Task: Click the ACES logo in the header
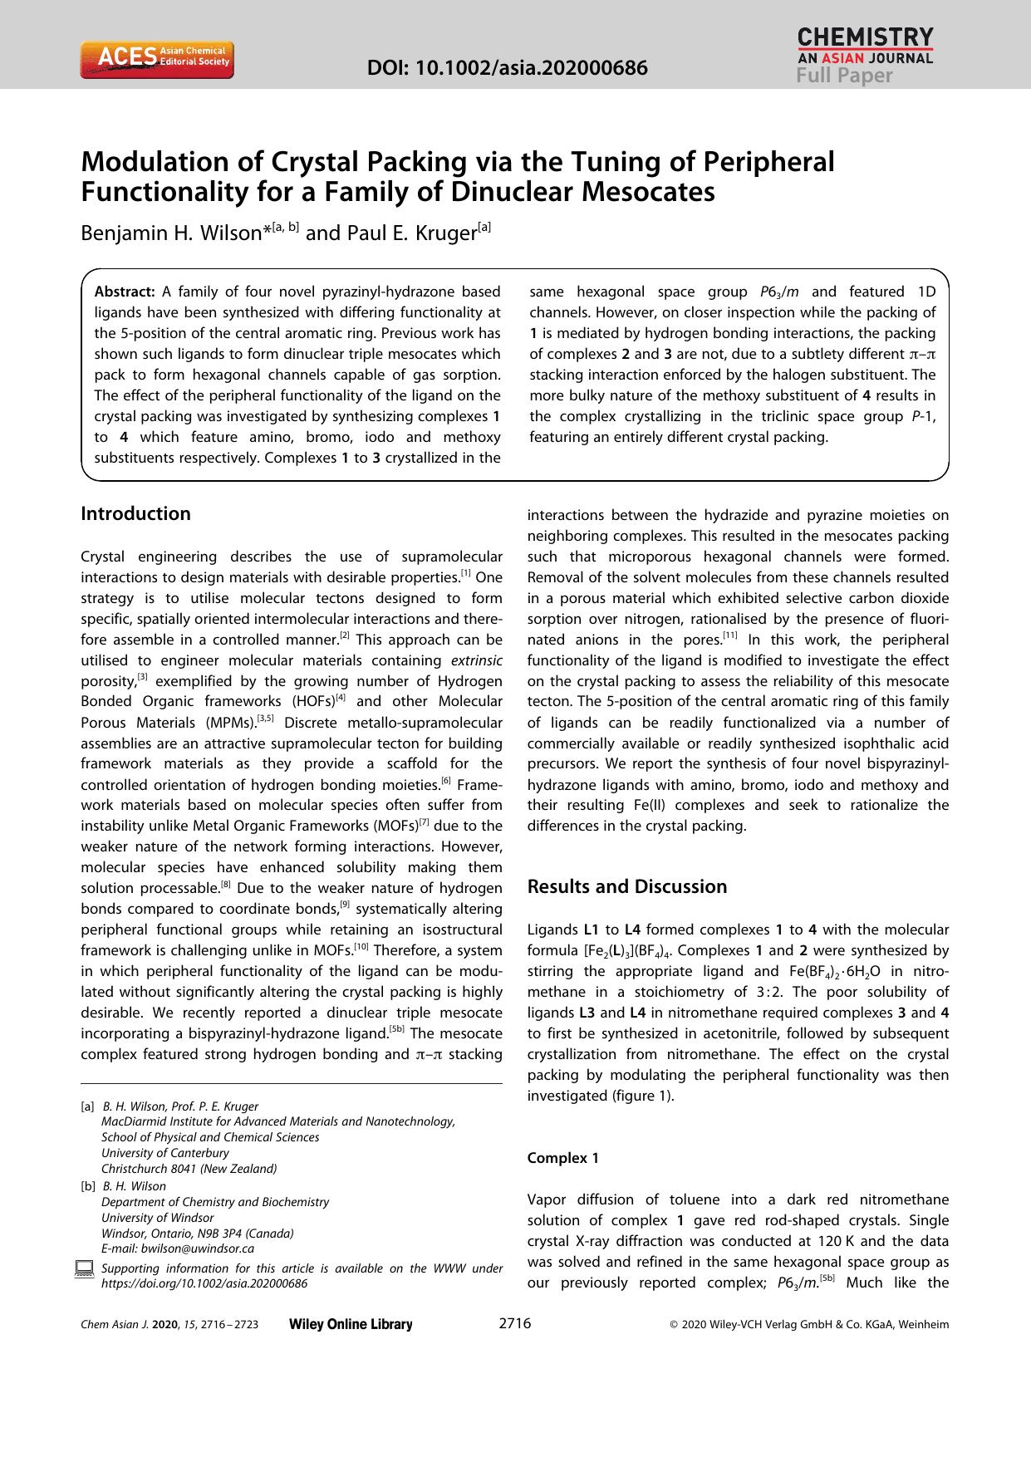pos(156,60)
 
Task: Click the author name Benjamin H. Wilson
pos(171,233)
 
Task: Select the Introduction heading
pos(135,513)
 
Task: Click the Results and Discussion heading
pos(627,886)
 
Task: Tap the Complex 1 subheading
pos(562,1158)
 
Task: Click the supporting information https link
pos(204,1283)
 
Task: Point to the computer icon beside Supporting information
pos(84,1268)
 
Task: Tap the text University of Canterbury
pos(164,1153)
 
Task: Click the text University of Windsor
pos(157,1218)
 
